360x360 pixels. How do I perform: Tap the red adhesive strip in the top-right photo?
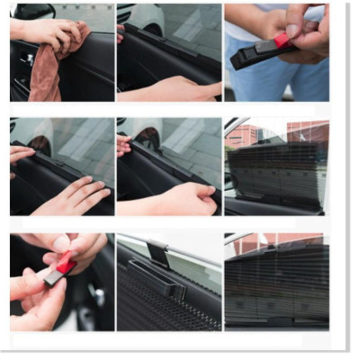[x=282, y=41]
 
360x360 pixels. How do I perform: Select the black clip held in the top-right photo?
[x=256, y=54]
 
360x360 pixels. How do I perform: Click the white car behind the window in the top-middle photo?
[x=144, y=18]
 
